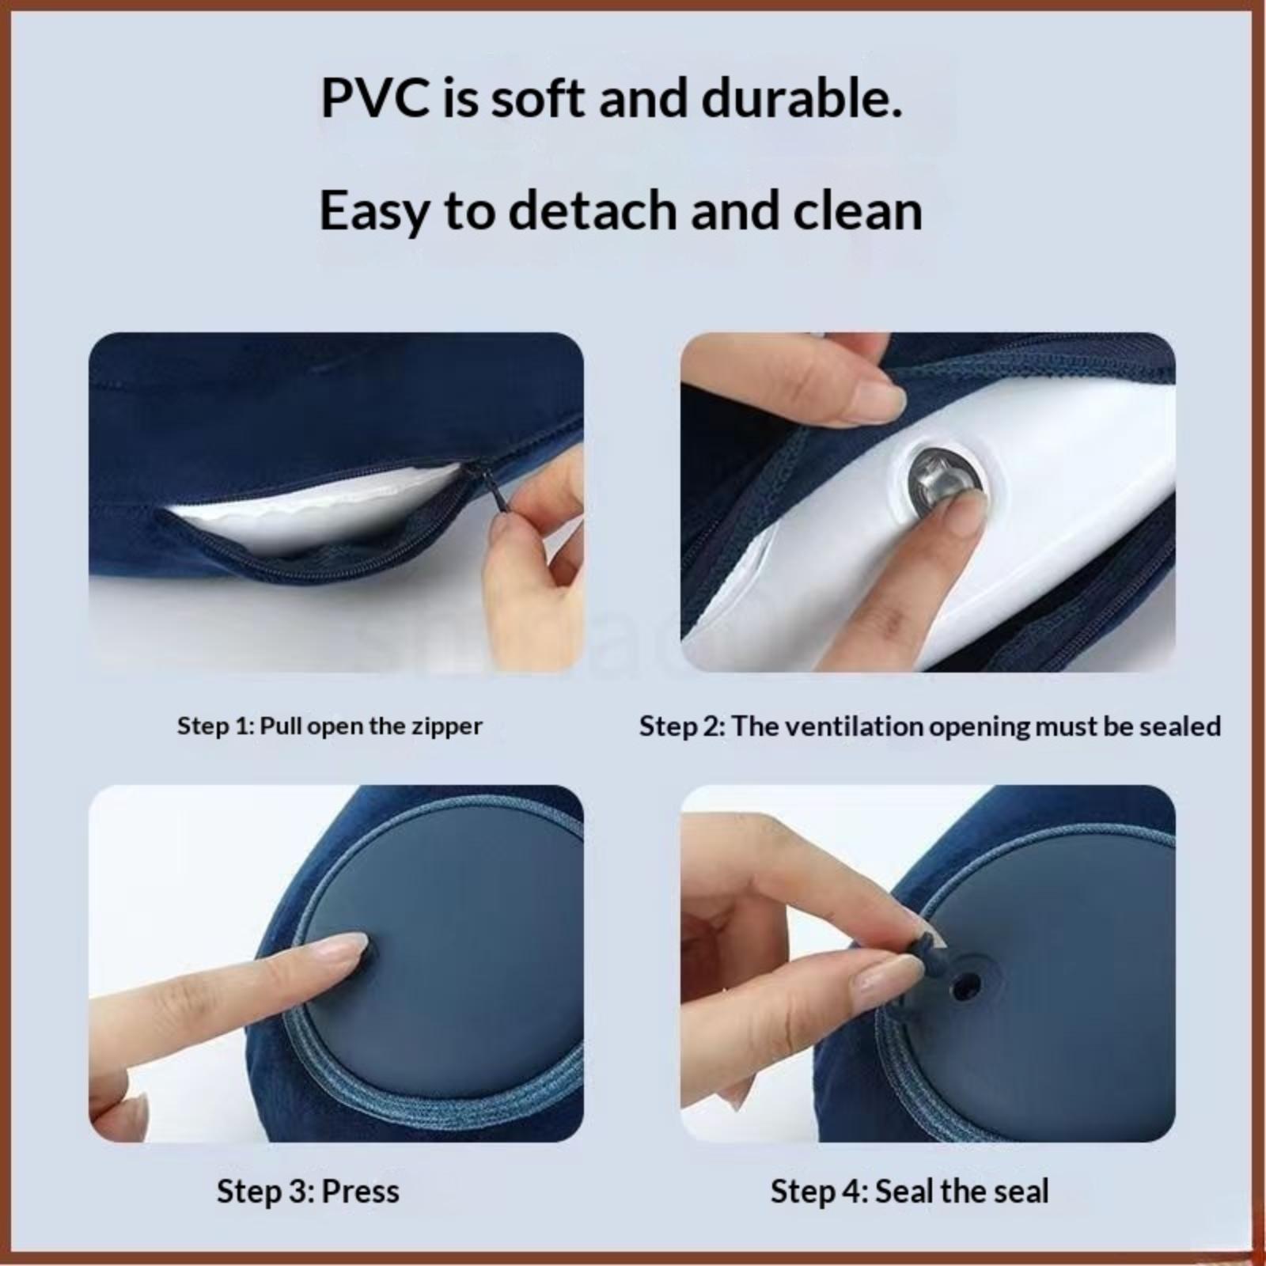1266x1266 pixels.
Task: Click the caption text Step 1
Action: click(214, 726)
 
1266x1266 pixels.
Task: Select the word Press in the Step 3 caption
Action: click(361, 1191)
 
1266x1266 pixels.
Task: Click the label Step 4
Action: click(819, 1191)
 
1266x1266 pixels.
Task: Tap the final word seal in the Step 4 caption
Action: click(1020, 1191)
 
